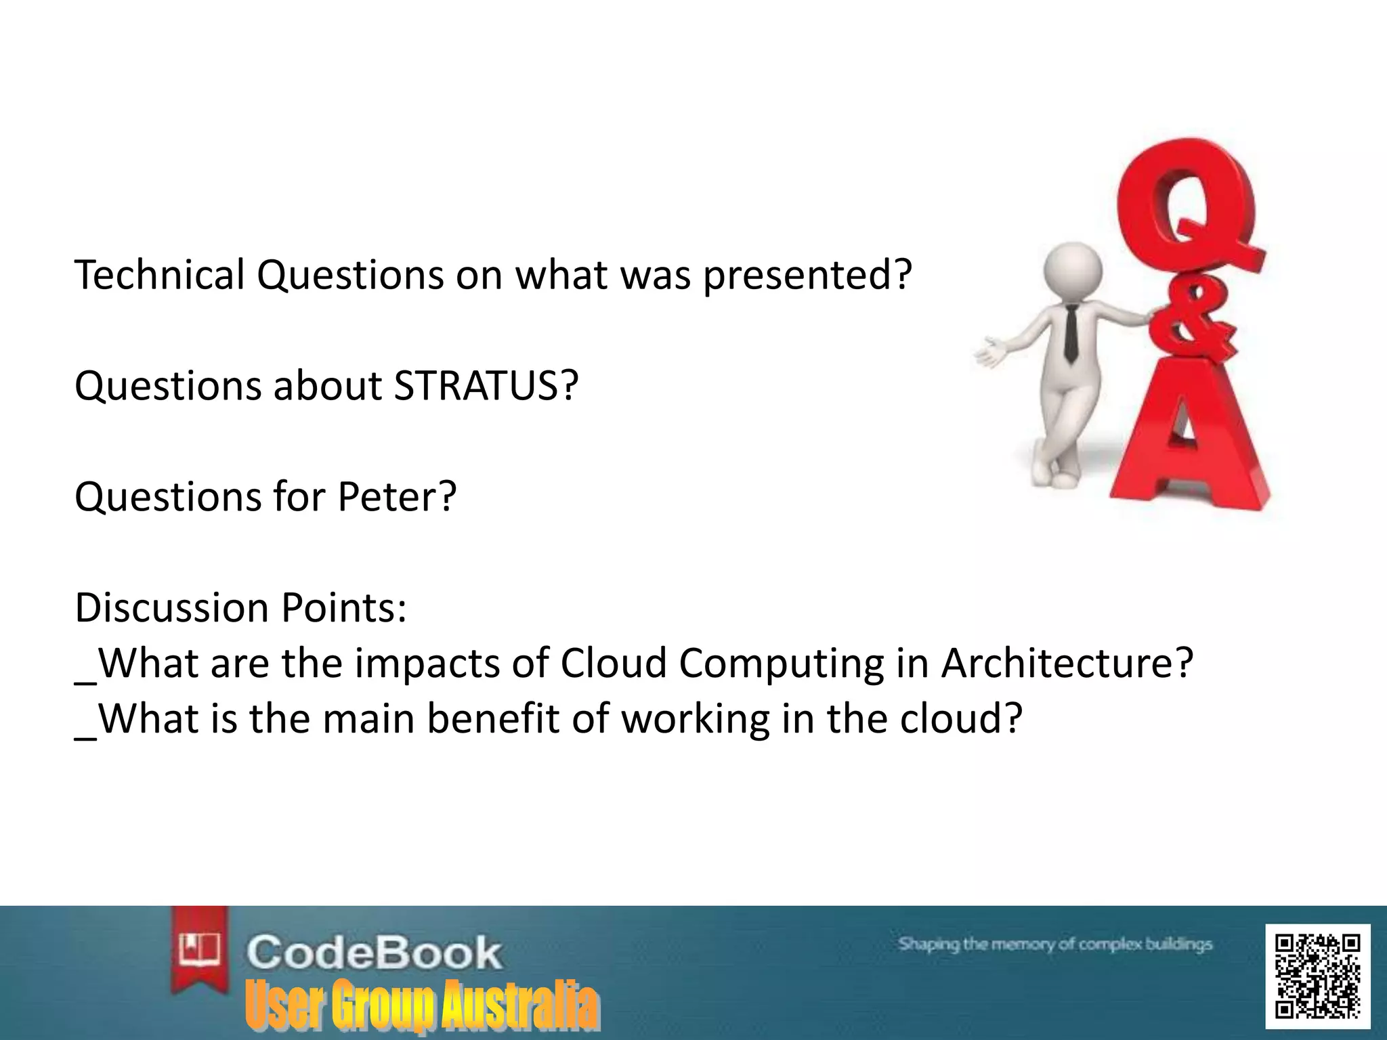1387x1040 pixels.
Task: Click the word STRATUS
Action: point(478,386)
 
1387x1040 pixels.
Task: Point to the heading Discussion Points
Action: point(240,607)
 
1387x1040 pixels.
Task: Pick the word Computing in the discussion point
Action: point(781,664)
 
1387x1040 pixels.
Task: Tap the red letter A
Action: point(1192,447)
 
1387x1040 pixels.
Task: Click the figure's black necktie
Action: point(1071,332)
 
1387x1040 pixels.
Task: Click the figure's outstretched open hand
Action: point(993,353)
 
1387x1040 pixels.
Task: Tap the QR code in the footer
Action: point(1317,976)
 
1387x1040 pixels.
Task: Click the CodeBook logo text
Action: point(374,952)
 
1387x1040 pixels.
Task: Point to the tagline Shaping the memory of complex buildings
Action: point(1054,944)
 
